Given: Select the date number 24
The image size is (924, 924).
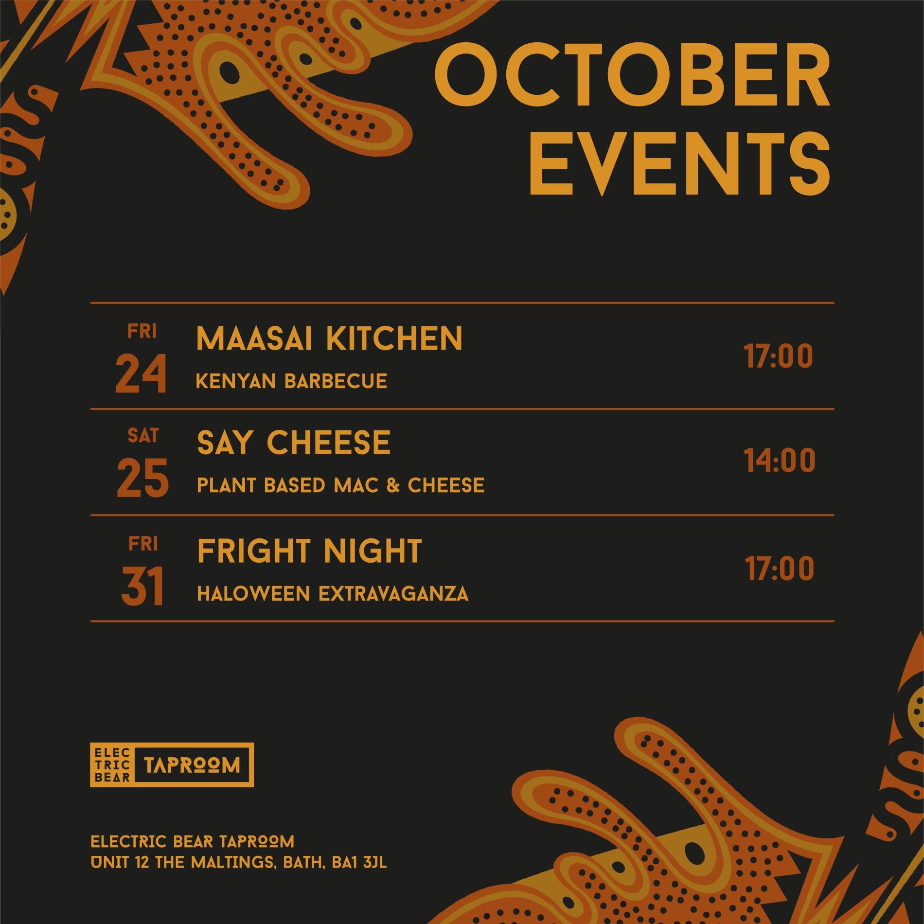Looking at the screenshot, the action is [141, 374].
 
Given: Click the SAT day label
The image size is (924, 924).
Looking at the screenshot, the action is [142, 436].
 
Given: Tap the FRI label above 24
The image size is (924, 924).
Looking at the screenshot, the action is [142, 331].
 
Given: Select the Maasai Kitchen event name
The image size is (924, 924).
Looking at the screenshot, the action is [329, 338].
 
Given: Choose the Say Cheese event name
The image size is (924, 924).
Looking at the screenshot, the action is [293, 443].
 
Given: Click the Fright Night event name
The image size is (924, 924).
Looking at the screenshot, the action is [309, 551].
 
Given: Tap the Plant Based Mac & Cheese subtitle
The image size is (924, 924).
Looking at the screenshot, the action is [340, 485].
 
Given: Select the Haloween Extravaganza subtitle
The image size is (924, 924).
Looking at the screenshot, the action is [333, 594].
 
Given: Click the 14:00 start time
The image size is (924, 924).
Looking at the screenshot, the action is [780, 462].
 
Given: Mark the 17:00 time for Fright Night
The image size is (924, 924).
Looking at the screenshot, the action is [779, 569].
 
